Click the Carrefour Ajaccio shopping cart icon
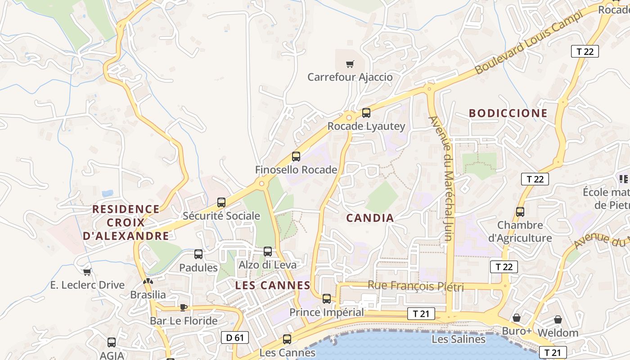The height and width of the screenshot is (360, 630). (x=350, y=64)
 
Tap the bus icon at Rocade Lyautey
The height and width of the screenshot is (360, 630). (x=366, y=113)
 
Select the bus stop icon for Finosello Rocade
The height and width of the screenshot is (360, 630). (x=296, y=157)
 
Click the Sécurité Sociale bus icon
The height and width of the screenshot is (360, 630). (x=221, y=202)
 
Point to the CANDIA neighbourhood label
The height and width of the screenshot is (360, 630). (x=370, y=218)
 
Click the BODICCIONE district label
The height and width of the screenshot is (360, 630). (x=508, y=113)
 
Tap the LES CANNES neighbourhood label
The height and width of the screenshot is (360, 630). (x=273, y=285)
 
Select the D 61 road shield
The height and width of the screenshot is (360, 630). (x=235, y=337)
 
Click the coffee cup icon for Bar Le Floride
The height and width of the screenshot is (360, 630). (x=183, y=307)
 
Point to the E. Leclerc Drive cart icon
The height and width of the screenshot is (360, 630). (x=87, y=272)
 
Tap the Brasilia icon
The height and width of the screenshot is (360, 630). (x=148, y=282)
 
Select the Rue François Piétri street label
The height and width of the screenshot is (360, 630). (x=415, y=286)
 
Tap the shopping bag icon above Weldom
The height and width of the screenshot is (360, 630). (x=558, y=319)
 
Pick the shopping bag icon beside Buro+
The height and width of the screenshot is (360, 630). (x=517, y=318)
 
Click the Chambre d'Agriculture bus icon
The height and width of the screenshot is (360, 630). (x=520, y=211)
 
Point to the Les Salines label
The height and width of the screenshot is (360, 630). (x=458, y=339)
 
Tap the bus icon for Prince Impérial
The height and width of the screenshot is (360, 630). (x=327, y=298)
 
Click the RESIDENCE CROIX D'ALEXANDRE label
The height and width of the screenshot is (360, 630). (x=126, y=222)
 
